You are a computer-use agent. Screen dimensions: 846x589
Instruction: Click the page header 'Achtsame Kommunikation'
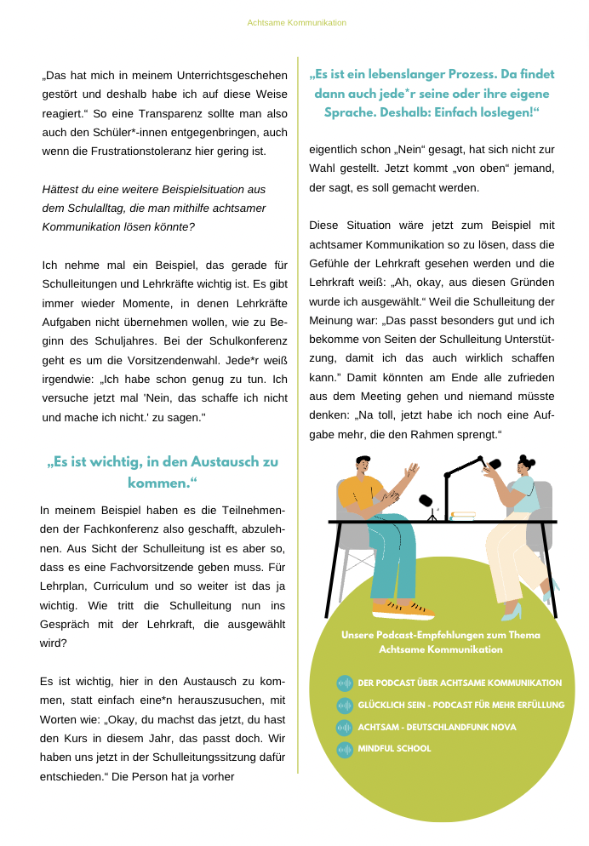pos(296,22)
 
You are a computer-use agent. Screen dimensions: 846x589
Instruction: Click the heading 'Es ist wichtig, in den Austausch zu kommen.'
pos(162,472)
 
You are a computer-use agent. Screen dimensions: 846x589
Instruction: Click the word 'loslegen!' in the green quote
pos(504,112)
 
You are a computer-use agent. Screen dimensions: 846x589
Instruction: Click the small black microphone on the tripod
pos(426,502)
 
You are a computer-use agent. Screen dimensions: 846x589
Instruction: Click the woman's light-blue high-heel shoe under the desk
pos(512,610)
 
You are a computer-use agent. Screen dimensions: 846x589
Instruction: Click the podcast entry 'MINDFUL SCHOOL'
pos(395,749)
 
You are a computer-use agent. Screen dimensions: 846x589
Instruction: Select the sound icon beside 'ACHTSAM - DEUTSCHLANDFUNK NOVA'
pos(345,728)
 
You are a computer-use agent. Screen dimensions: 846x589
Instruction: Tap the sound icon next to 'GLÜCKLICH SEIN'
pos(345,706)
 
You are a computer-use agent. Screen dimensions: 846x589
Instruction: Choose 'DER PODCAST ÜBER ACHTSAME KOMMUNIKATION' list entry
pos(460,683)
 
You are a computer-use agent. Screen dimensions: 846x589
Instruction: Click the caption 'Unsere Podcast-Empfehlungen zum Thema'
pos(441,635)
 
